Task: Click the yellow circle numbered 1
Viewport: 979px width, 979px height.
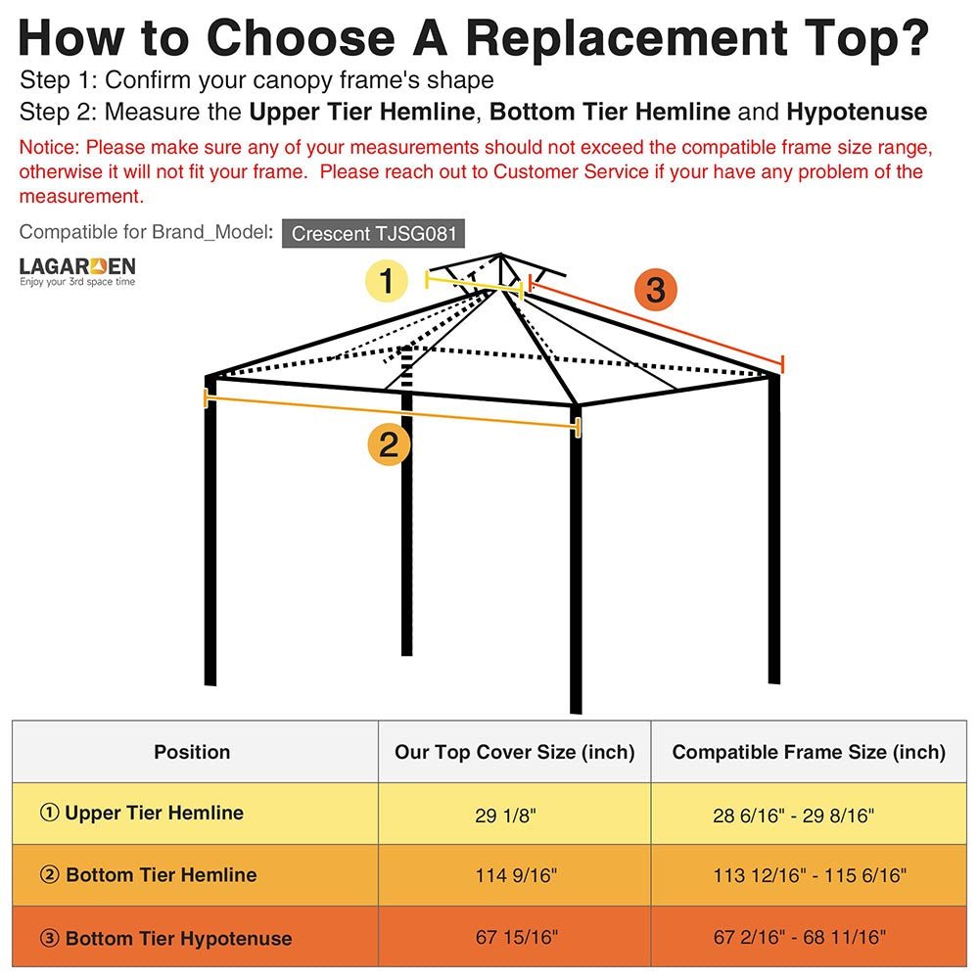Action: tap(387, 282)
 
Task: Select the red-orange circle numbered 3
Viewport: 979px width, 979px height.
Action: tap(655, 290)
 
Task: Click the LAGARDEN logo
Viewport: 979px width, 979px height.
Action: tap(77, 271)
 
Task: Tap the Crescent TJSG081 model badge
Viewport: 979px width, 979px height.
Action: tap(373, 234)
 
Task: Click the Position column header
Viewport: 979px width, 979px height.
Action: tap(192, 752)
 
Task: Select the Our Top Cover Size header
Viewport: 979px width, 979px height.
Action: tap(515, 752)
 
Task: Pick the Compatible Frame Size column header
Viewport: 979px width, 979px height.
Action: tap(809, 752)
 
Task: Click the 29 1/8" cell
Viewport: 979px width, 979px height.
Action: tap(505, 815)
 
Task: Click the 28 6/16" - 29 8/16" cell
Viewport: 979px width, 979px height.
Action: tap(793, 815)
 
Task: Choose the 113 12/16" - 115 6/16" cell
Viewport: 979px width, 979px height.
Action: tap(810, 875)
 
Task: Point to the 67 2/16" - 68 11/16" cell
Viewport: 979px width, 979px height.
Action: tap(800, 937)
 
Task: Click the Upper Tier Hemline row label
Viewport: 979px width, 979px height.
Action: tap(142, 813)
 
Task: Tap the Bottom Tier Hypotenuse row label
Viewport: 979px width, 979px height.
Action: tap(165, 938)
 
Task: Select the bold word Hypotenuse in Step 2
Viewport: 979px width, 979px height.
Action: tap(857, 112)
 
